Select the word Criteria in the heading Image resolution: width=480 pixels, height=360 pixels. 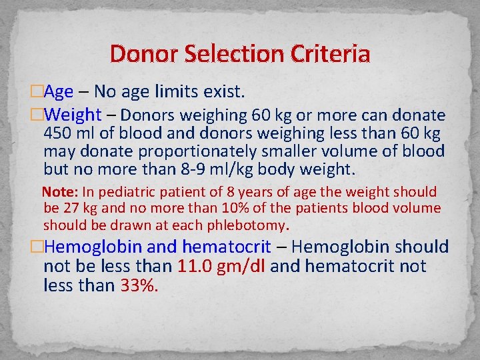click(327, 53)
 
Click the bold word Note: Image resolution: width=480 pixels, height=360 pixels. click(61, 193)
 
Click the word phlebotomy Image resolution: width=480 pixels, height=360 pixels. click(248, 224)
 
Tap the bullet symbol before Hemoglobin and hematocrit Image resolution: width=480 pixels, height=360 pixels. click(36, 247)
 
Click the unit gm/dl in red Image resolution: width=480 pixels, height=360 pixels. click(243, 267)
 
